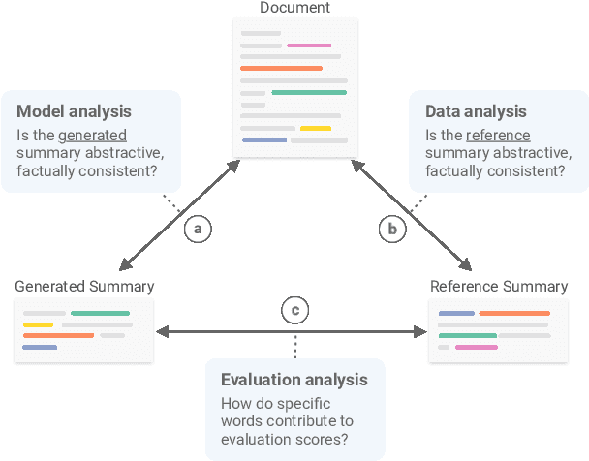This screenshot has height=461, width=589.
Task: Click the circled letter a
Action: (x=198, y=229)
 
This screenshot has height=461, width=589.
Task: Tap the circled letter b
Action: (x=392, y=229)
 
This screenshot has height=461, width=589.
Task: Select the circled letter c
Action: (x=295, y=311)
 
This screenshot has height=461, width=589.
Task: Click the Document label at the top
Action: (x=294, y=8)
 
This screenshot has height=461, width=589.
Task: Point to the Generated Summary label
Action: (x=84, y=286)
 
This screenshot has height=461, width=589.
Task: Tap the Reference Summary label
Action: (x=499, y=286)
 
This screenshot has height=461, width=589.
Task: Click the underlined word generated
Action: (x=92, y=135)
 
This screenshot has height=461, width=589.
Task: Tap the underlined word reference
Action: (x=499, y=135)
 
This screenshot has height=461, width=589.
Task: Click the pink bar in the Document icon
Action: (x=309, y=46)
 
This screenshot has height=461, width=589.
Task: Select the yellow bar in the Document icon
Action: (x=315, y=128)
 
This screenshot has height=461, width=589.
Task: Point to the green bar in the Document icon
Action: (x=309, y=92)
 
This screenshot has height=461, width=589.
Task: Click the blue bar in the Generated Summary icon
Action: (x=40, y=346)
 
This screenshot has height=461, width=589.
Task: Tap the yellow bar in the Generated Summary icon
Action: (x=38, y=324)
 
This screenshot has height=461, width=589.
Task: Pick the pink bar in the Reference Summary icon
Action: (x=476, y=346)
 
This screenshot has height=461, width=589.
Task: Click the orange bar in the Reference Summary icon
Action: (x=513, y=314)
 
